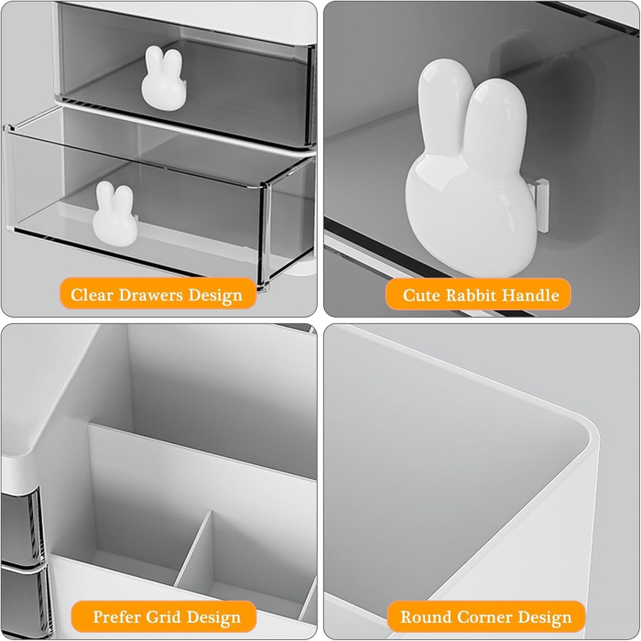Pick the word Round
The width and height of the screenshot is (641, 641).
click(424, 616)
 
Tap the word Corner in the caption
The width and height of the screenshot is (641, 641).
click(483, 616)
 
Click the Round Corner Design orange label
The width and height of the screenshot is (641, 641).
click(485, 616)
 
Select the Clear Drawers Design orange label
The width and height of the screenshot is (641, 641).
click(157, 295)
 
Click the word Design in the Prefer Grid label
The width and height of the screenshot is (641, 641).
click(216, 616)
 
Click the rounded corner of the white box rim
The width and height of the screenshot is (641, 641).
click(577, 430)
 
